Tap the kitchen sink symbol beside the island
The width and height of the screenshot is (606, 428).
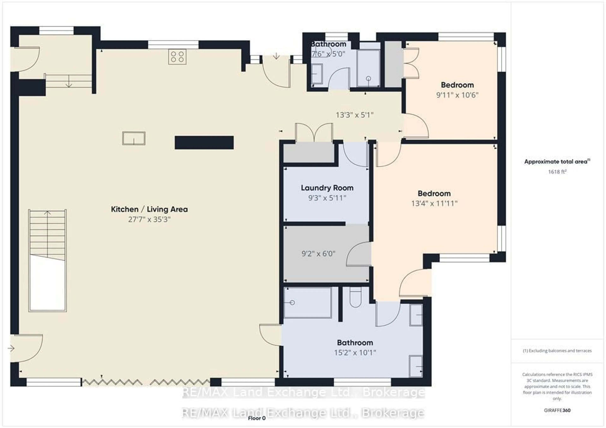click(x=134, y=138)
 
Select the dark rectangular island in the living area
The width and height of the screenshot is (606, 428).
click(x=204, y=143)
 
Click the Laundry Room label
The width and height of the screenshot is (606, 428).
click(x=327, y=188)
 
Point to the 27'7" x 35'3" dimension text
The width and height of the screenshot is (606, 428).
click(x=149, y=219)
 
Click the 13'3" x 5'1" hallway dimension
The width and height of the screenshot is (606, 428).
click(x=354, y=115)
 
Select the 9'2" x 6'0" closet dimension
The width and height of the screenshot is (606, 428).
click(x=318, y=254)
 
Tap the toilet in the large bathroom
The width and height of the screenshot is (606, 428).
click(x=355, y=298)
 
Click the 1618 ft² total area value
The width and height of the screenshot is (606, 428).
click(x=557, y=172)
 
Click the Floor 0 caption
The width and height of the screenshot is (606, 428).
click(x=257, y=418)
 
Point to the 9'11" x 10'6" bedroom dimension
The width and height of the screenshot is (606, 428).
click(x=457, y=95)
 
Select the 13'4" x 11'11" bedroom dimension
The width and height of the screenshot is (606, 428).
click(x=434, y=203)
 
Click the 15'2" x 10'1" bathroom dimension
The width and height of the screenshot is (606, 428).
click(x=355, y=353)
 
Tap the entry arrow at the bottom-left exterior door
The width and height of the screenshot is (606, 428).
click(x=11, y=349)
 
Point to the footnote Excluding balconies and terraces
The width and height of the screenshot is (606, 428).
click(x=557, y=351)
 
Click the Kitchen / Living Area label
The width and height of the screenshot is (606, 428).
click(x=149, y=209)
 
